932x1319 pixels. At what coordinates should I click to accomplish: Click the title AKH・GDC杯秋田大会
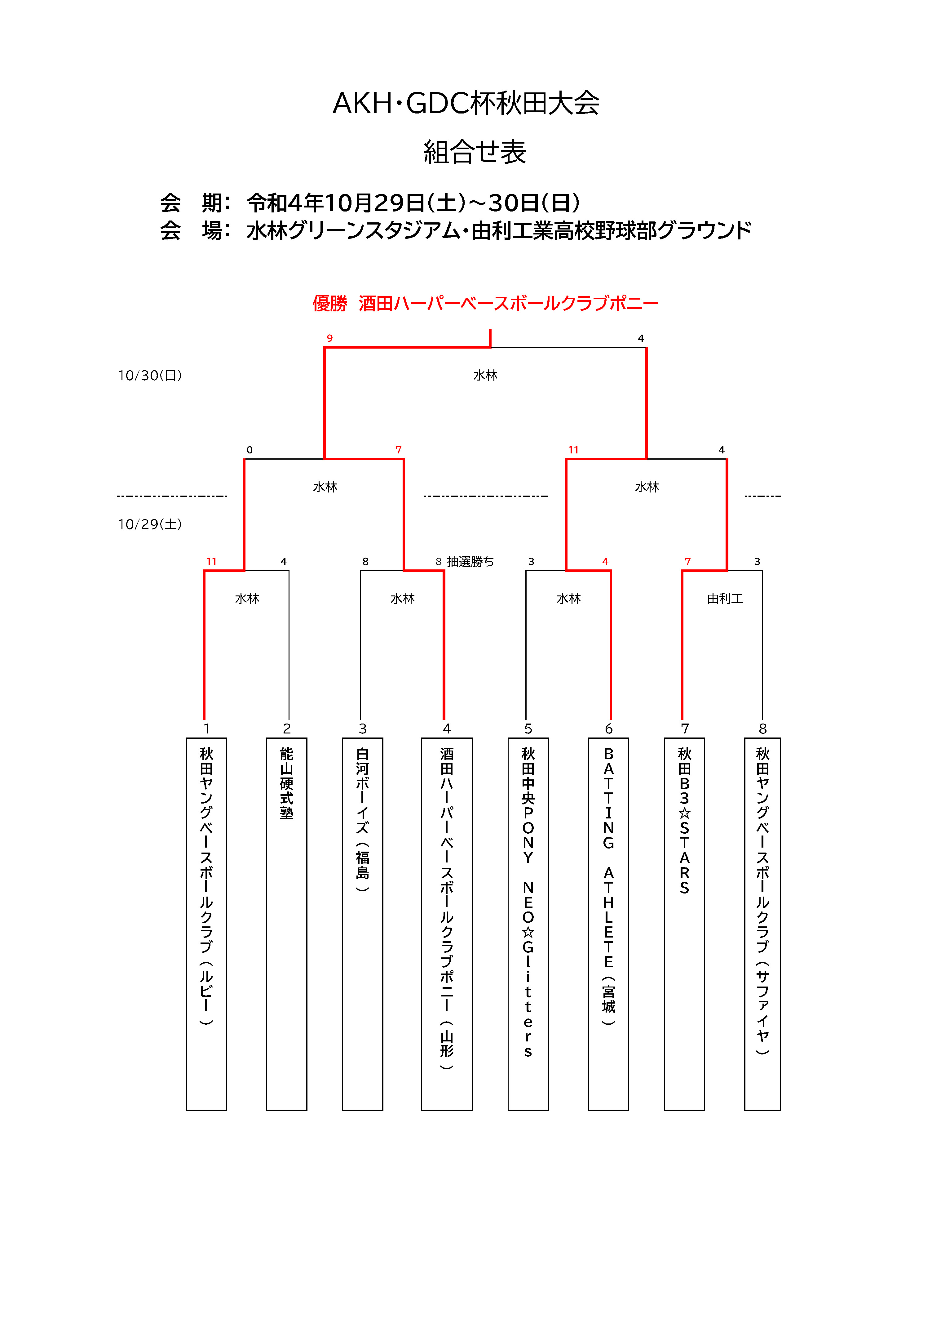[466, 103]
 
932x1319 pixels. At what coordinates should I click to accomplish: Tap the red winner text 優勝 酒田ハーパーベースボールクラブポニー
[485, 303]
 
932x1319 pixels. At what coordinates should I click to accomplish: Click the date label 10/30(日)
[150, 375]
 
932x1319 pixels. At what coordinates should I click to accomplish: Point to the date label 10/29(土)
[150, 524]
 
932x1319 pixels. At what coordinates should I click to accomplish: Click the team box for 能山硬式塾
[287, 924]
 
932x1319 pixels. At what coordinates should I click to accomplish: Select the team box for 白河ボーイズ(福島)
[362, 924]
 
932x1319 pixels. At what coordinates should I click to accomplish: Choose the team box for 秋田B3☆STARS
[684, 924]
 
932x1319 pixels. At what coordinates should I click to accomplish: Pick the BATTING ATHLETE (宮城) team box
[609, 924]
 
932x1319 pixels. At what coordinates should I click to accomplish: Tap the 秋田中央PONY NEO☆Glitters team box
[528, 924]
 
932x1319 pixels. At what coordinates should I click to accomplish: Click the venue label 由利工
[725, 599]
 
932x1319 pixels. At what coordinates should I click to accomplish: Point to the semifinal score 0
[249, 450]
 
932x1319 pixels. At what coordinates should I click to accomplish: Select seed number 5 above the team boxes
[528, 729]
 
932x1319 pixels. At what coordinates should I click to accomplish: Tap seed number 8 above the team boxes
[762, 729]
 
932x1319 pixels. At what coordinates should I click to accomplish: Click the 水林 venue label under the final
[485, 375]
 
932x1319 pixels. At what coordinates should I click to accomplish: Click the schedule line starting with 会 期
[370, 203]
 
